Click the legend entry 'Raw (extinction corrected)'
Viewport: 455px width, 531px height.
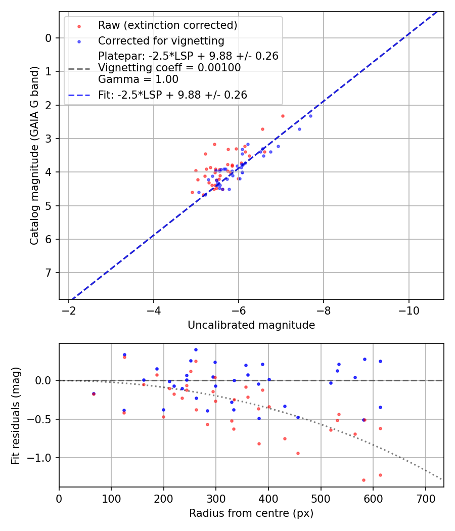[x=167, y=25]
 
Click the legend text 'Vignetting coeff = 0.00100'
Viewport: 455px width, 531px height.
[x=169, y=68]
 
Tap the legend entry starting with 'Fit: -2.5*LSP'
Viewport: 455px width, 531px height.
[x=172, y=95]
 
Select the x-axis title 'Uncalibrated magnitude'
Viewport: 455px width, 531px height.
[x=251, y=325]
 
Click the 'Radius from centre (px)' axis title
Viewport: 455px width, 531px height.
[x=251, y=513]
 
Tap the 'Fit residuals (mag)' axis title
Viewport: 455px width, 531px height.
[x=16, y=415]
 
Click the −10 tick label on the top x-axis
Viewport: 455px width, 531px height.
[x=408, y=311]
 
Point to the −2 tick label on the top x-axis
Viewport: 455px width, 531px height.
[x=69, y=311]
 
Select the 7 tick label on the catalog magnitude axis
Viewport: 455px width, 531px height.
[x=49, y=273]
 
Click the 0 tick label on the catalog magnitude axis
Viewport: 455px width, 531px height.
[x=49, y=38]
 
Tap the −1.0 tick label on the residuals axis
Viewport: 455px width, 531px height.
[x=42, y=458]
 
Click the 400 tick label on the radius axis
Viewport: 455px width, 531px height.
[x=268, y=498]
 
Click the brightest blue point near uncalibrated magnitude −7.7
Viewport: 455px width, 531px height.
[x=310, y=116]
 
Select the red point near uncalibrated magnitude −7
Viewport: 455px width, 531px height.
[x=283, y=116]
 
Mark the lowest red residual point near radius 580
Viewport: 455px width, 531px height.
[x=363, y=480]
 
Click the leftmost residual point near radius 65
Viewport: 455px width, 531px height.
[x=94, y=393]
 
